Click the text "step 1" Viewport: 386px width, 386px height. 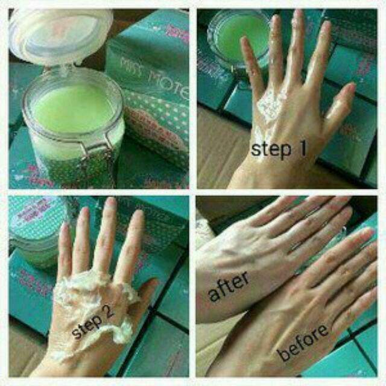click(x=278, y=149)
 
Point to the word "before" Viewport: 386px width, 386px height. click(x=303, y=342)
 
